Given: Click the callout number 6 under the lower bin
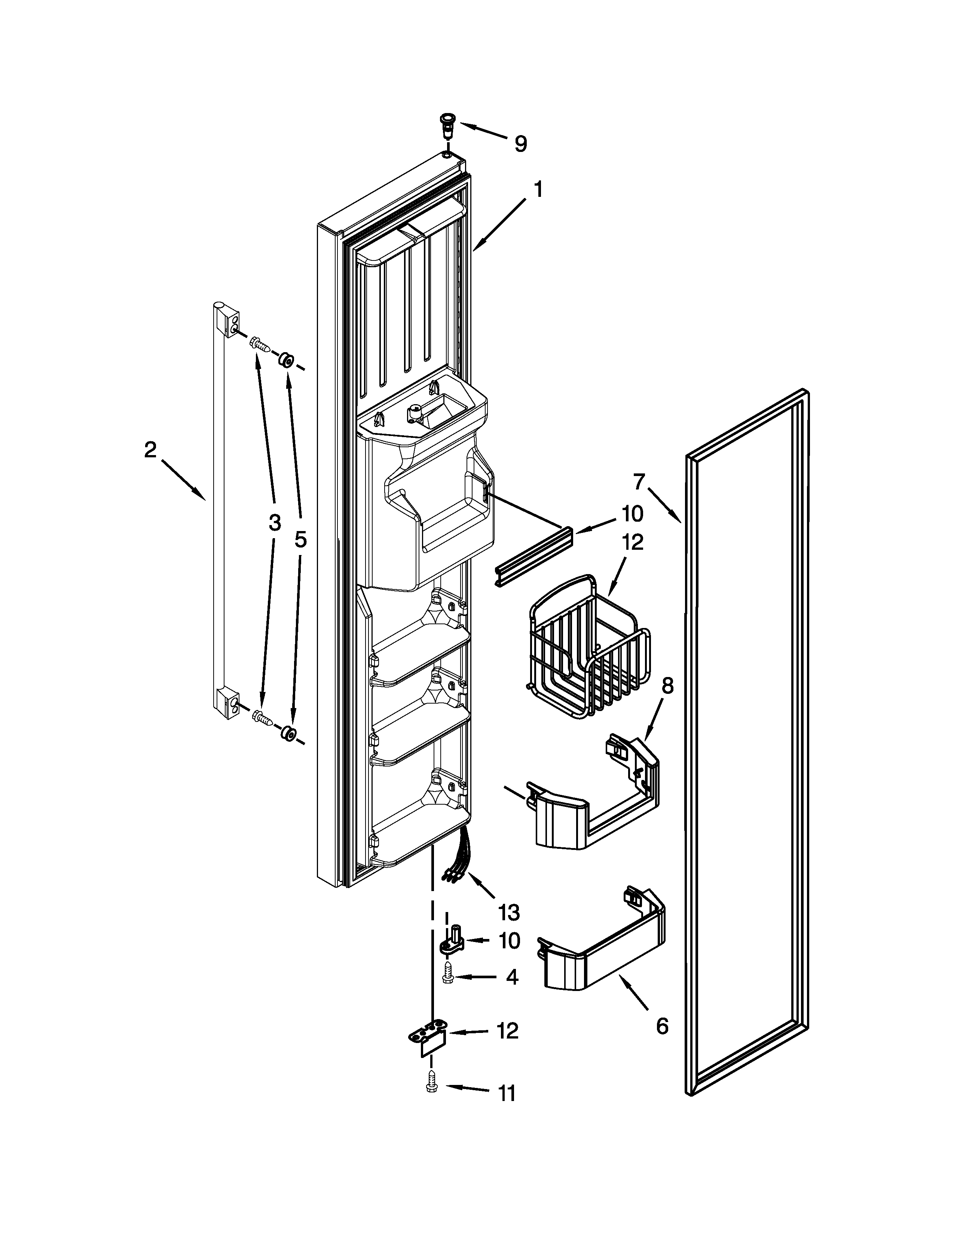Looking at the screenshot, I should coord(662,1025).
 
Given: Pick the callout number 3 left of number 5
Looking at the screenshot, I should coord(274,523).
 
